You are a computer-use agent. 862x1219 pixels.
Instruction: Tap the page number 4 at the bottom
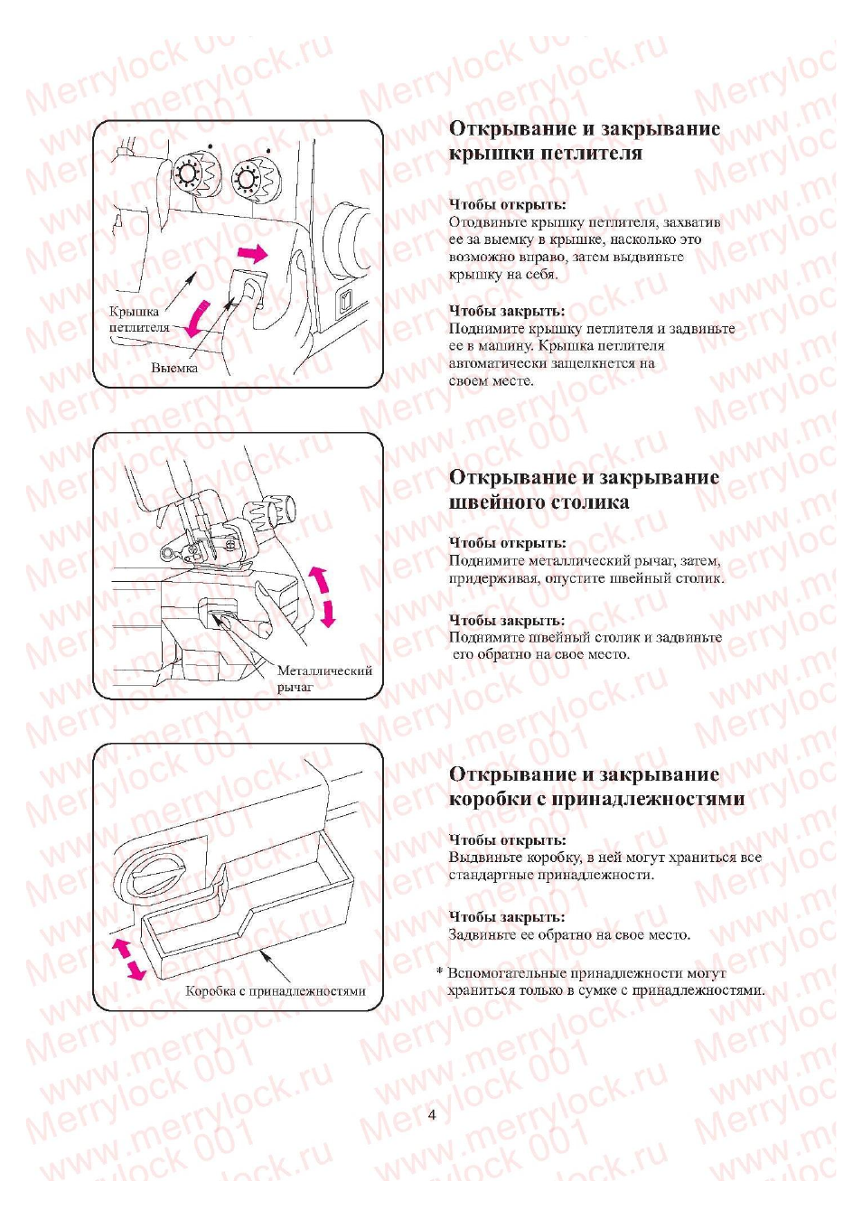click(432, 1114)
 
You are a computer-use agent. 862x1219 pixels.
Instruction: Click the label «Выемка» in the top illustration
click(174, 368)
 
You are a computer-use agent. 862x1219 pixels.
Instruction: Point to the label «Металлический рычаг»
click(323, 678)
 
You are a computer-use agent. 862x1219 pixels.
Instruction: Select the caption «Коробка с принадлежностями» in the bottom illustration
click(276, 990)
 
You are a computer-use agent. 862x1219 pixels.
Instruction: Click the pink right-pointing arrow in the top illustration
click(252, 253)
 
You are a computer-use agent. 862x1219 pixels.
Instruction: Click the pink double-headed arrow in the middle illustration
click(322, 596)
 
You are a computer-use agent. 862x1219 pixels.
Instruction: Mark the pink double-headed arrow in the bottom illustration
click(128, 958)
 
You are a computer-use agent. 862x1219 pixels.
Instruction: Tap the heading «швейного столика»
click(539, 502)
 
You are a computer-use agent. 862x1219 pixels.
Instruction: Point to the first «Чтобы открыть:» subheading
click(507, 204)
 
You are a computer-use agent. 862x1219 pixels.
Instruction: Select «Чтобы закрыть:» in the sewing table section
click(506, 620)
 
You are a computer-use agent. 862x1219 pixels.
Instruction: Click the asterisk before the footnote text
click(439, 973)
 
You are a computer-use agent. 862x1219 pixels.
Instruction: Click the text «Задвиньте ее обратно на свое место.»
click(569, 934)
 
